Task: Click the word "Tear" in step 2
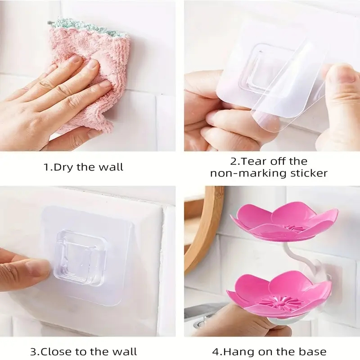pyautogui.click(x=254, y=162)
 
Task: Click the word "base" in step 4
pyautogui.click(x=313, y=351)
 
